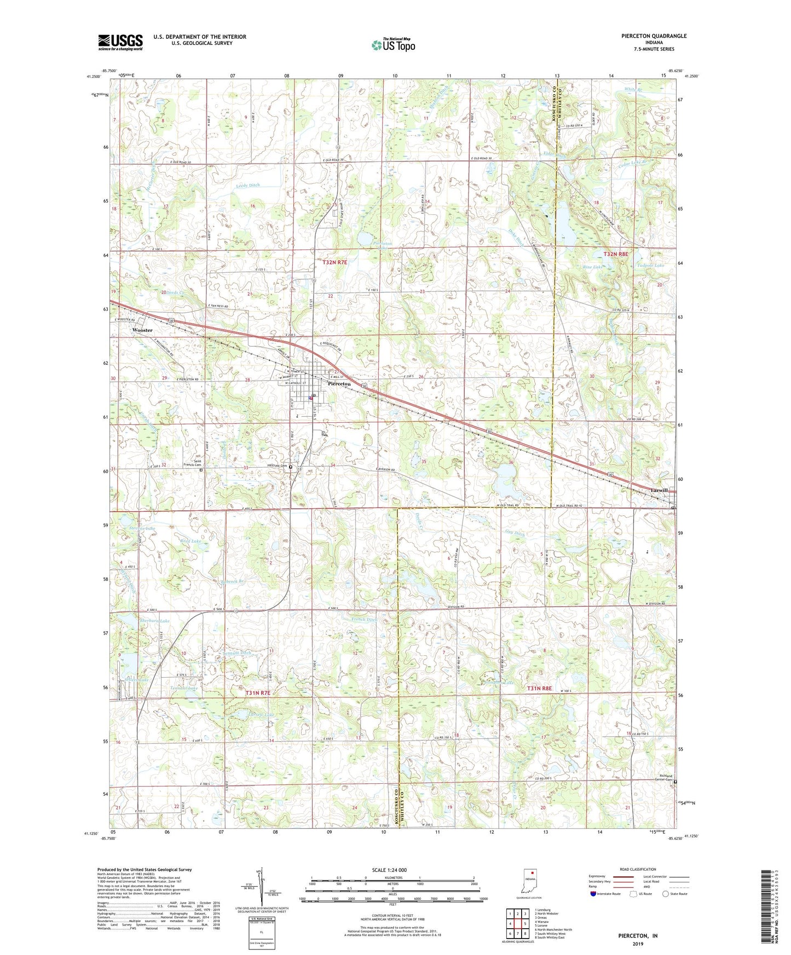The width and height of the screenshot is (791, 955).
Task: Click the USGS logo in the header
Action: [x=120, y=42]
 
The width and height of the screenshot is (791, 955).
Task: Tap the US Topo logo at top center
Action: [x=393, y=45]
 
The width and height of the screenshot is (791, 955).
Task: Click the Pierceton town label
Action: [x=339, y=384]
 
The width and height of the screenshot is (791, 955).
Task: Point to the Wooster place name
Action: [x=142, y=330]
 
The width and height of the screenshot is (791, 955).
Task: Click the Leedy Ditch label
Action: [x=248, y=185]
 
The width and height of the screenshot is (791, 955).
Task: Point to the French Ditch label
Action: [x=364, y=620]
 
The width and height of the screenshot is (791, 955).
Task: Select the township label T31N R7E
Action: [x=258, y=693]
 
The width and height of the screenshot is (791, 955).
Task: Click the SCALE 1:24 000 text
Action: [x=389, y=870]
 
